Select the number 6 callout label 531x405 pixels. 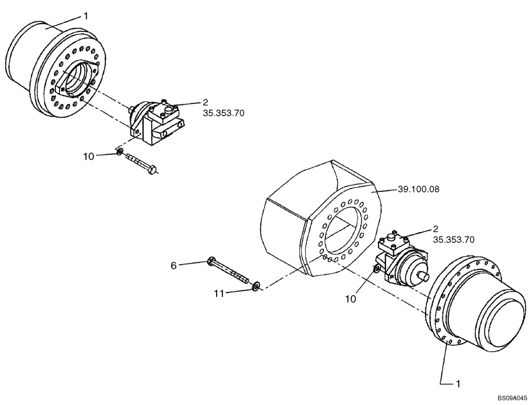(174, 265)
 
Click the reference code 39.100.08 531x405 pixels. (417, 188)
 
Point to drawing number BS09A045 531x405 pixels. (512, 397)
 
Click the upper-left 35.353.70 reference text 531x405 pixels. (224, 113)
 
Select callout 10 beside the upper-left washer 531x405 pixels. (88, 156)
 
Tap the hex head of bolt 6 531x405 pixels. (211, 261)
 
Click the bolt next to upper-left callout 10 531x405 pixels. (141, 164)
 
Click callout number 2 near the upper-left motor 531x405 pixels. (205, 102)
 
